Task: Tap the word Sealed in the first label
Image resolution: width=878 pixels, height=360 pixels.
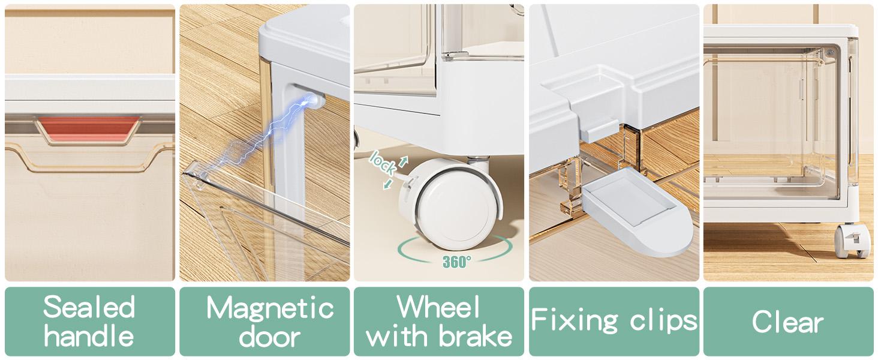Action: pyautogui.click(x=89, y=307)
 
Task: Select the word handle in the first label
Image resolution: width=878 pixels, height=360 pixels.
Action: pyautogui.click(x=89, y=336)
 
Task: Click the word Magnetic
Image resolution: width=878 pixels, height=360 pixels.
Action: pyautogui.click(x=270, y=308)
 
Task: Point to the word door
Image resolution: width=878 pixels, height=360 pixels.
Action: pyautogui.click(x=270, y=337)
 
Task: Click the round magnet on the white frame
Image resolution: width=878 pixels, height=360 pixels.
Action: pyautogui.click(x=317, y=101)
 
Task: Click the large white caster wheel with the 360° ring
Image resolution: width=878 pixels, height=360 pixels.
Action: pyautogui.click(x=451, y=204)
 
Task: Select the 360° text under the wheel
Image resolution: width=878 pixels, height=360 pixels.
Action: pyautogui.click(x=456, y=262)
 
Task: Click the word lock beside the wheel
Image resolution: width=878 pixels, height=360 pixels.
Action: pyautogui.click(x=382, y=163)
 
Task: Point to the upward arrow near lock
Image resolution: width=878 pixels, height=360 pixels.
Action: pyautogui.click(x=404, y=161)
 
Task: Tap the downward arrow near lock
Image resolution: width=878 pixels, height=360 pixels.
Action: pyautogui.click(x=388, y=184)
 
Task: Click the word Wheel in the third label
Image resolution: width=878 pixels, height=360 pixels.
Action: pyautogui.click(x=438, y=307)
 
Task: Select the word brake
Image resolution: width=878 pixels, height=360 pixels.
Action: pyautogui.click(x=475, y=336)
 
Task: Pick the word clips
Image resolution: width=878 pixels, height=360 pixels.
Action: pyautogui.click(x=664, y=320)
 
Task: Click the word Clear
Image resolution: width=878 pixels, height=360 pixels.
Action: pyautogui.click(x=788, y=322)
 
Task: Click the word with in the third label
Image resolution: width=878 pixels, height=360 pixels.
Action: pyautogui.click(x=399, y=336)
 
